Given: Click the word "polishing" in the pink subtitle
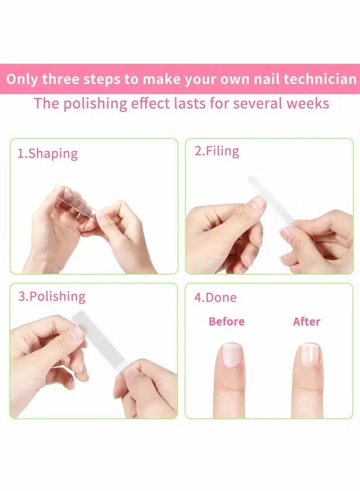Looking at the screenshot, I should pyautogui.click(x=95, y=104).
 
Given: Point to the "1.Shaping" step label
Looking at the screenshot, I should pyautogui.click(x=47, y=153).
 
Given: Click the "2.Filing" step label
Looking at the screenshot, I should pyautogui.click(x=216, y=151).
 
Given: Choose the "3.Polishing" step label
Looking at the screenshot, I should pyautogui.click(x=51, y=297).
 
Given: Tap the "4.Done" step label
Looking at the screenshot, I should pyautogui.click(x=215, y=297).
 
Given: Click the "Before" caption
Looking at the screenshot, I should pyautogui.click(x=227, y=321).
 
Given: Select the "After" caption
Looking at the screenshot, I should pyautogui.click(x=306, y=321).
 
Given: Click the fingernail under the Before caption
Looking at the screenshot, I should pyautogui.click(x=232, y=355).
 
